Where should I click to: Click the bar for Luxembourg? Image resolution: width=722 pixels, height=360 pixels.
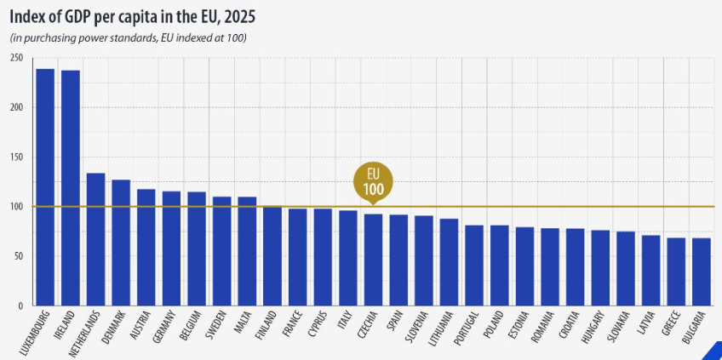click(x=45, y=187)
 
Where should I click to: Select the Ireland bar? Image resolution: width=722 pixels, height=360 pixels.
click(x=71, y=188)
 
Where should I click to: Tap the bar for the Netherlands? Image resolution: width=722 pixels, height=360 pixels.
click(x=96, y=239)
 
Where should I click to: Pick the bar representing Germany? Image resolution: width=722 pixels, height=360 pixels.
click(x=172, y=248)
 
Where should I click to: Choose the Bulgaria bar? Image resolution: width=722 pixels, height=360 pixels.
click(x=702, y=271)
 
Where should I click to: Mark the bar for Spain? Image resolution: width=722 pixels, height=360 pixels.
click(x=398, y=260)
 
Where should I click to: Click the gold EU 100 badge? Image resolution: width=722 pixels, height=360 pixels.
click(x=373, y=180)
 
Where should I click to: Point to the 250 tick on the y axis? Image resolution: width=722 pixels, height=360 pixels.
click(x=17, y=58)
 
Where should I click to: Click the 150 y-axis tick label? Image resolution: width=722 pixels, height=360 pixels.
click(x=17, y=157)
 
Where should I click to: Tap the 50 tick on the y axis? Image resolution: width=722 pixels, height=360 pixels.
click(x=19, y=256)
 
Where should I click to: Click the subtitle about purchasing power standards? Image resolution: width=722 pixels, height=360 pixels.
click(x=129, y=37)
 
